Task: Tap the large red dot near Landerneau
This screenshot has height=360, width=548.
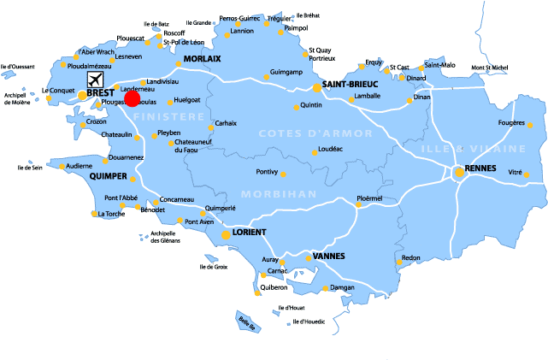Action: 132,97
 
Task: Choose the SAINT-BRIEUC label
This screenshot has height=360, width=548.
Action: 351,86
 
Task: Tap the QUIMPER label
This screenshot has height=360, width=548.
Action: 109,176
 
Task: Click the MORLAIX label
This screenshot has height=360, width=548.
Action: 203,58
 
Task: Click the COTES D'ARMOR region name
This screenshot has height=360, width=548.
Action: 315,133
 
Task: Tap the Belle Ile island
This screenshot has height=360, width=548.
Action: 248,322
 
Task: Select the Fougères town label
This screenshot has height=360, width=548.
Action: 510,122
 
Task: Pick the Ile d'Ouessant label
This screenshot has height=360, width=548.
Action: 17,66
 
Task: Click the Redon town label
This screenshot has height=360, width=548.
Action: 411,257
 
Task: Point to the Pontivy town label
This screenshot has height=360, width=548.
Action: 268,172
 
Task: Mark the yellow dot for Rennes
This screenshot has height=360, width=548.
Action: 459,172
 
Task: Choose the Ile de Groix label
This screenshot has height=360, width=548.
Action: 213,267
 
